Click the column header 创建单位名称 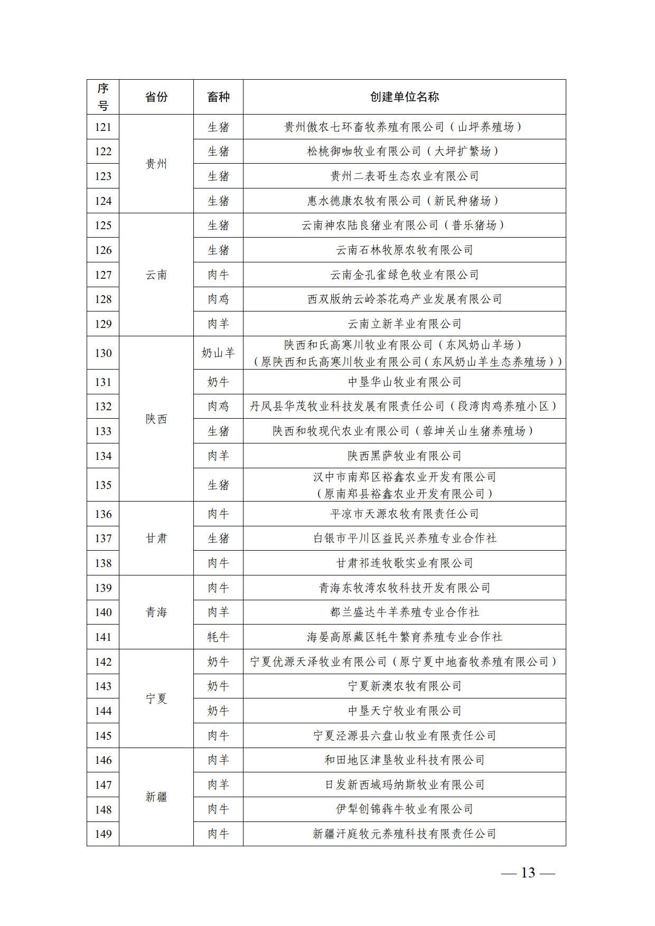(x=404, y=97)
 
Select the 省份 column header (x=156, y=97)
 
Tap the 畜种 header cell (x=218, y=97)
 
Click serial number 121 (x=103, y=127)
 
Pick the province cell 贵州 (x=156, y=164)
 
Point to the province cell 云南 (x=156, y=275)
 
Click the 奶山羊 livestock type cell (x=218, y=353)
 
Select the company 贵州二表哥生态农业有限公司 (x=404, y=176)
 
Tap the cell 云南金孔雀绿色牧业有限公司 (x=404, y=275)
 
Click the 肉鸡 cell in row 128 (x=218, y=299)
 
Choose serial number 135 (x=103, y=485)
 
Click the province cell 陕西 (x=156, y=419)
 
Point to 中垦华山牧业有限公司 (x=404, y=382)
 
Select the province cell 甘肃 (x=156, y=538)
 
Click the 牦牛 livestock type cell (x=218, y=637)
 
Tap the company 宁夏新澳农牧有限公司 (x=404, y=686)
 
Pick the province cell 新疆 (x=156, y=797)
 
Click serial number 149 (x=103, y=834)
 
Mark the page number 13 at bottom (x=528, y=873)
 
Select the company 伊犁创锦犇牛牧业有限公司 (x=404, y=809)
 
